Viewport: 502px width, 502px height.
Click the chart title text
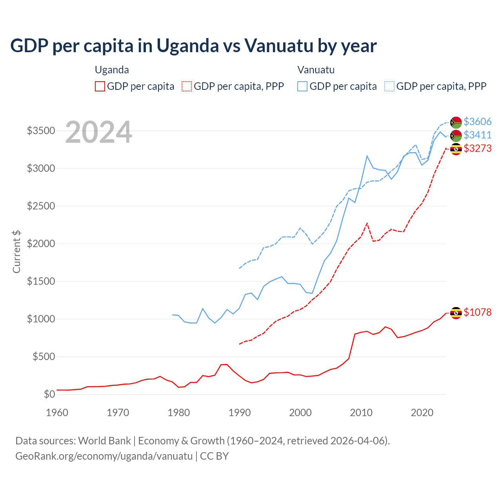point(193,46)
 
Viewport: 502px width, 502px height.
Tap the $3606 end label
point(477,122)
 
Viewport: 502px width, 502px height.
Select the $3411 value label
point(477,135)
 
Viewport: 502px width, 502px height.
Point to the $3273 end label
point(477,148)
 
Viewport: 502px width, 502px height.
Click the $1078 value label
point(477,312)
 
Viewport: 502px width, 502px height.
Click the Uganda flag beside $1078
point(456,313)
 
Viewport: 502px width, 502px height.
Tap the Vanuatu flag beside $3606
point(456,122)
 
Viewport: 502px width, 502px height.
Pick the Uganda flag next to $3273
point(456,149)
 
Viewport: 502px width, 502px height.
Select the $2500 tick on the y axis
point(41,206)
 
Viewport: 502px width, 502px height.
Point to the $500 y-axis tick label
point(44,356)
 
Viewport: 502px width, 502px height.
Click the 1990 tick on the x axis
point(240,413)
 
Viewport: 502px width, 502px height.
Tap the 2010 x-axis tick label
point(361,413)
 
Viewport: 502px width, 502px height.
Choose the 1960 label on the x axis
point(57,413)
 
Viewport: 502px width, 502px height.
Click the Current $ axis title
point(16,251)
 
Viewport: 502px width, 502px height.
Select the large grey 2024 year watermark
point(98,132)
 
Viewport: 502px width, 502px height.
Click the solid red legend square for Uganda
point(100,86)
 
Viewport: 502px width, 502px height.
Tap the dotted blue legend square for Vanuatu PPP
point(389,86)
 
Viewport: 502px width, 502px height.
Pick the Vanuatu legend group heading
point(316,70)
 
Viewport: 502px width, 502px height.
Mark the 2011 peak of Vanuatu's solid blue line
point(367,156)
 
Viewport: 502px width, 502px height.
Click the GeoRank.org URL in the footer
point(104,456)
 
